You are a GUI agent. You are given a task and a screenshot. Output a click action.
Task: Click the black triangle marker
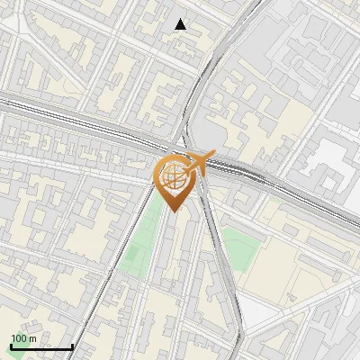pos(181,24)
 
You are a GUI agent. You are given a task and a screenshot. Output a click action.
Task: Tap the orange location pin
pos(175,180)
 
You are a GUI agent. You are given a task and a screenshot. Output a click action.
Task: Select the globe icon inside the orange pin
pos(175,176)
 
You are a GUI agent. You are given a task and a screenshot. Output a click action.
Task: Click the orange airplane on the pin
pos(197,163)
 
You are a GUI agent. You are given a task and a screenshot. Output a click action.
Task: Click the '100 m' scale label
pos(23,338)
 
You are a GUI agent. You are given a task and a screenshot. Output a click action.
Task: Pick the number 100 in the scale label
pos(19,338)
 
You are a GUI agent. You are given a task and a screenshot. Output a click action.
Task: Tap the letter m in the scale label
pos(31,338)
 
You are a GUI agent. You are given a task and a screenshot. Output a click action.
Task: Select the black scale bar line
pos(41,347)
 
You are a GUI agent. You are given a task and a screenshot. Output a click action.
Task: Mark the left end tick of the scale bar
pos(11,346)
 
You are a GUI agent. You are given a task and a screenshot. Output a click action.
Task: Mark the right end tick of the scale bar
pos(72,346)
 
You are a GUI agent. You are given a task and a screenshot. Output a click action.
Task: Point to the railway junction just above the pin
pos(184,144)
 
